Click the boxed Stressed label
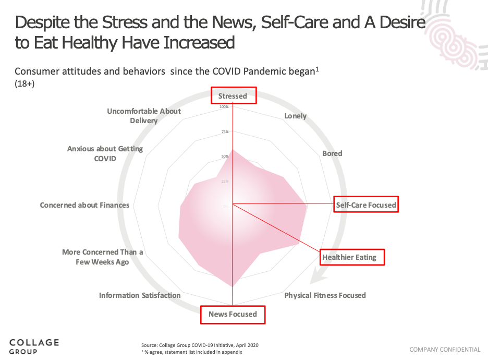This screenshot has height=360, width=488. [233, 96]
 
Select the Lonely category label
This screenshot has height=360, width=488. [295, 116]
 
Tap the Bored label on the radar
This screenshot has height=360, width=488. [332, 153]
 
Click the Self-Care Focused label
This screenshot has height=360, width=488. [366, 205]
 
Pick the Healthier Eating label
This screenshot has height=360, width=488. [349, 257]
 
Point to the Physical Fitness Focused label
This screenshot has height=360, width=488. [325, 295]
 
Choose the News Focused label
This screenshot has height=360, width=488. [233, 314]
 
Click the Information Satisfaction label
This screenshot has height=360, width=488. [140, 295]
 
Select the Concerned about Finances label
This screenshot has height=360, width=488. [84, 205]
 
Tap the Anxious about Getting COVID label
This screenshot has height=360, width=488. [105, 153]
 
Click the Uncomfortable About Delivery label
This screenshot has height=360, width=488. [144, 116]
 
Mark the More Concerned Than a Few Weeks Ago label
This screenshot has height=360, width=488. [102, 257]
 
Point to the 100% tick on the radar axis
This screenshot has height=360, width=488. [224, 107]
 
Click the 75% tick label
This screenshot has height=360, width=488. [225, 131]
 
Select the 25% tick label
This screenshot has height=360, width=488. [225, 181]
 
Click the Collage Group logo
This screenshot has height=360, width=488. [34, 346]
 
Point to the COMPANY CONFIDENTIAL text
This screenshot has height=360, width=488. [445, 350]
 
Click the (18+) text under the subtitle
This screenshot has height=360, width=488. [25, 84]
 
